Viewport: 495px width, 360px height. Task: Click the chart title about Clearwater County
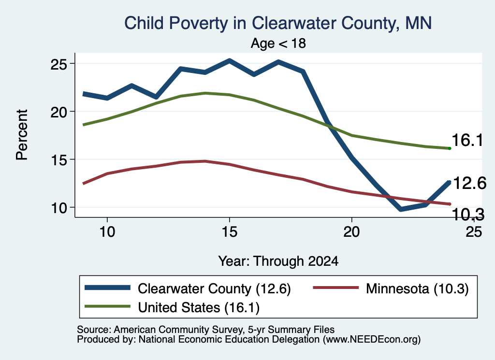click(278, 23)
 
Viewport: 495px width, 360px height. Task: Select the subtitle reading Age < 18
click(278, 43)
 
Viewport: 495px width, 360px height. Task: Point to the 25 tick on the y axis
click(58, 64)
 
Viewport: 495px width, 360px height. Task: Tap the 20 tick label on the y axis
click(58, 112)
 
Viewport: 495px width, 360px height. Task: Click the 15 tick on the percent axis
click(58, 160)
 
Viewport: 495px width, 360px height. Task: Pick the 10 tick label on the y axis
click(58, 208)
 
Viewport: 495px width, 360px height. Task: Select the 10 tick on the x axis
click(107, 232)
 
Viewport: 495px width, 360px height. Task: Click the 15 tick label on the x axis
click(230, 232)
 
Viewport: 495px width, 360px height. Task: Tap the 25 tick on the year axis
click(474, 232)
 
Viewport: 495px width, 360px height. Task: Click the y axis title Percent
click(22, 135)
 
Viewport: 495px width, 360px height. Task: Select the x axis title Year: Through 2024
click(278, 261)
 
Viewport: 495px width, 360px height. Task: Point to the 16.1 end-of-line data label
click(467, 140)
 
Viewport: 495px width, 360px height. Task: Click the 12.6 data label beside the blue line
click(469, 183)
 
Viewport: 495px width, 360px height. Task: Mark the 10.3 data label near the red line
click(468, 215)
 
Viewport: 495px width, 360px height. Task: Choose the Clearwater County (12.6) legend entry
click(188, 288)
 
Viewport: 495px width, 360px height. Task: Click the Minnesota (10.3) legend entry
click(391, 288)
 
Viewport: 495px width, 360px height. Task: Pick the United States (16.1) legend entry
click(172, 307)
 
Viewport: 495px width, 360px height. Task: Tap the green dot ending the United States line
click(450, 148)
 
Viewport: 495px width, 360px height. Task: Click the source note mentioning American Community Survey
click(205, 330)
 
